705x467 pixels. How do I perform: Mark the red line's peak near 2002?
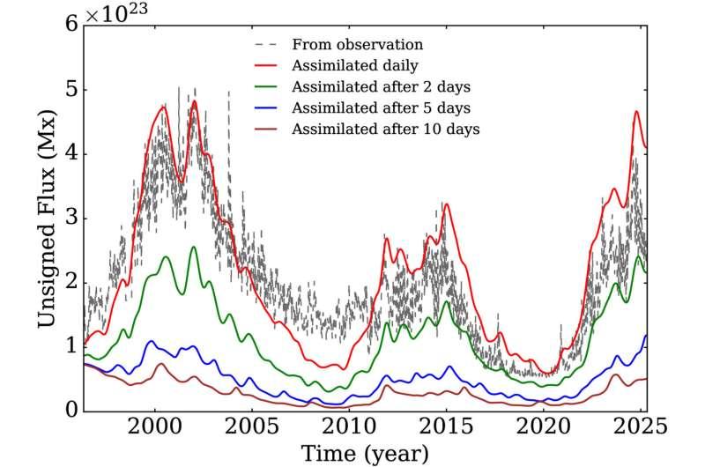(x=194, y=101)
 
